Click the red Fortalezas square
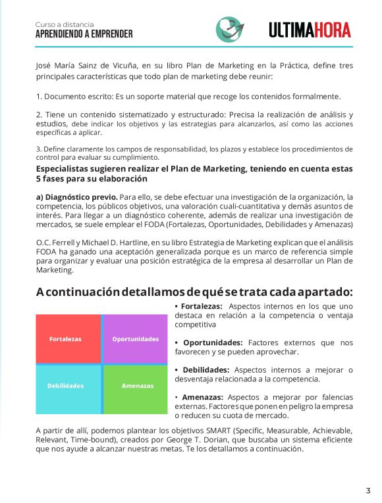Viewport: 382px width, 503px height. (x=68, y=339)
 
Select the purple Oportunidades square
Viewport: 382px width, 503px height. (x=136, y=339)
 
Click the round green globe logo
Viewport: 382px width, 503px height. (x=229, y=30)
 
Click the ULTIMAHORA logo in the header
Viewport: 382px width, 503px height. (x=310, y=30)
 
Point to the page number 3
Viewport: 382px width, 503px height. (x=368, y=490)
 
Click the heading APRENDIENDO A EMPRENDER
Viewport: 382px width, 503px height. (x=84, y=34)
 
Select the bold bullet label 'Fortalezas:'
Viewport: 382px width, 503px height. (x=201, y=306)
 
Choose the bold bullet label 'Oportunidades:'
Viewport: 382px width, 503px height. (x=213, y=343)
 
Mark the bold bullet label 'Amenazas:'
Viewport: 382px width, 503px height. (x=202, y=397)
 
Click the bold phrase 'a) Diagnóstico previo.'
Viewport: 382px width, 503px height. (x=77, y=197)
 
